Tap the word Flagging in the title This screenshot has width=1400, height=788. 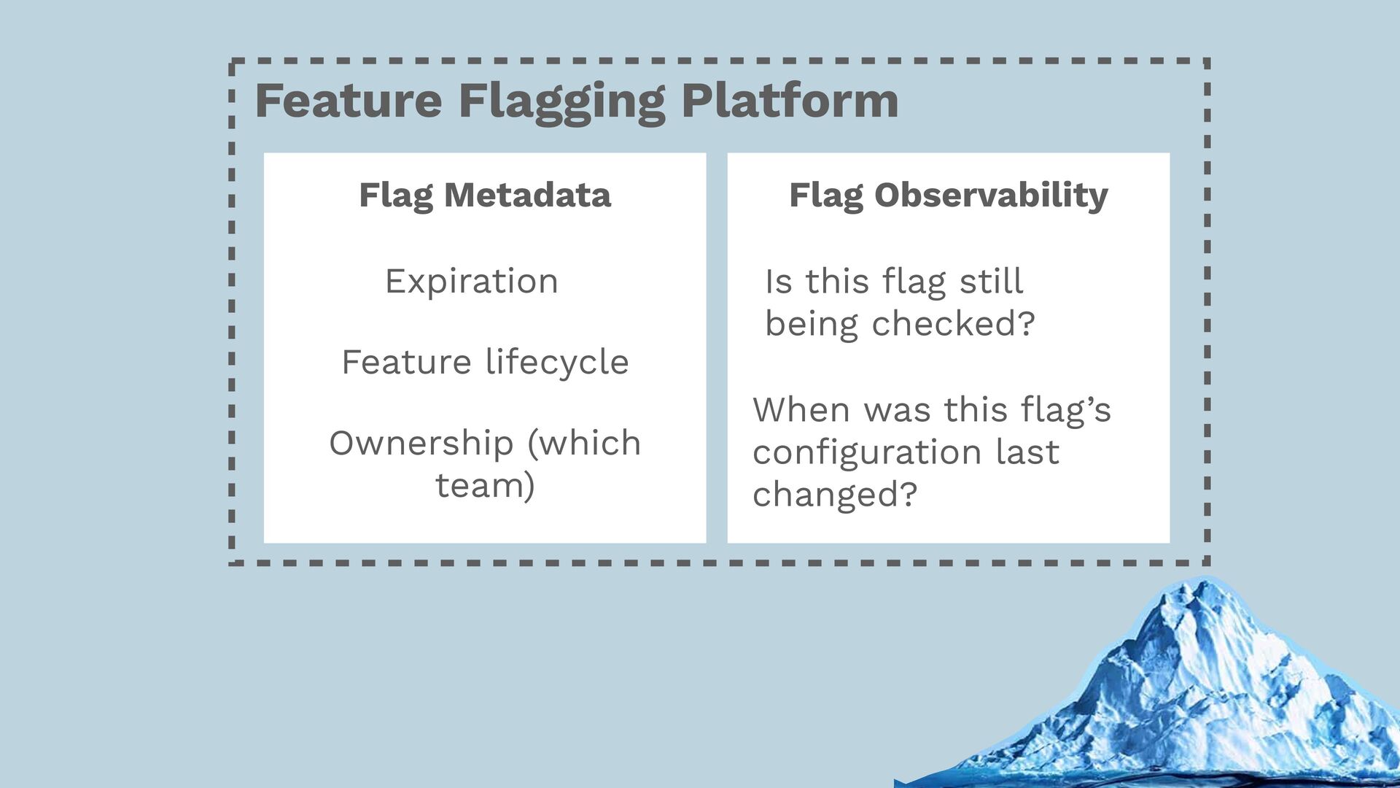(561, 102)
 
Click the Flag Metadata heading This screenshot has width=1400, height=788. (484, 196)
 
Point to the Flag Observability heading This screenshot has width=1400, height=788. (948, 196)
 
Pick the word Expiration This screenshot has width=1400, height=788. (472, 282)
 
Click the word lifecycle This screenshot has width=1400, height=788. (556, 363)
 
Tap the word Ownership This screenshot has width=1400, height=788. (421, 444)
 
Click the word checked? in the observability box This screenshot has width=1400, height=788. (954, 324)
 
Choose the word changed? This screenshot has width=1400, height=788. (835, 495)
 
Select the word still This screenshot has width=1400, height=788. (991, 282)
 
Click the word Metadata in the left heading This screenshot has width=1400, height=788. (527, 196)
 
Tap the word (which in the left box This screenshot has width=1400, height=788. (584, 444)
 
